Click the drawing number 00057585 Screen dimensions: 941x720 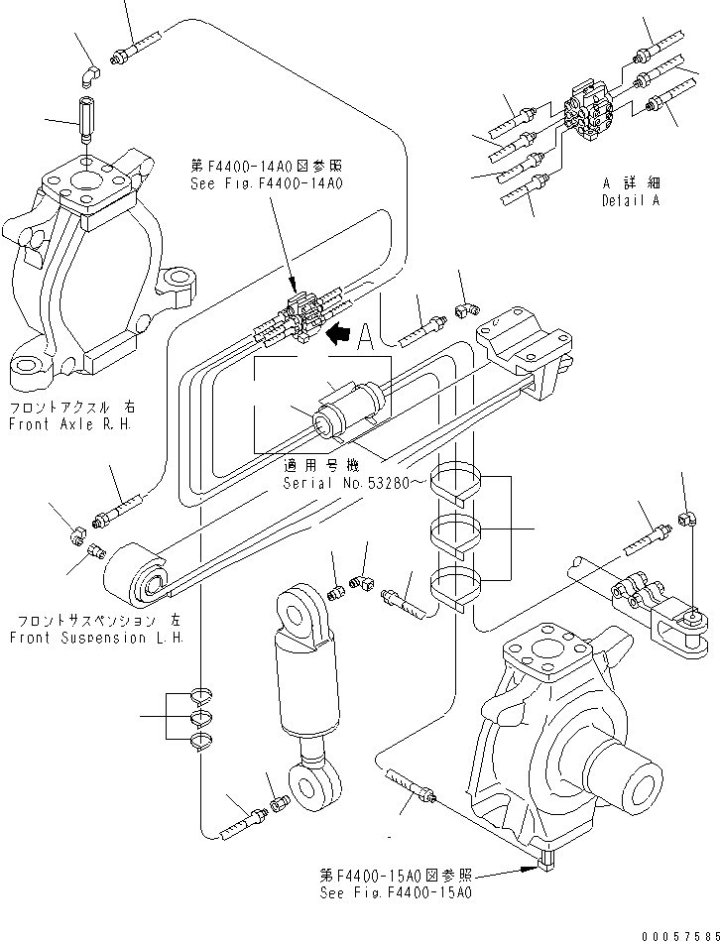(676, 931)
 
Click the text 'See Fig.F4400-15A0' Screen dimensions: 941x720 (395, 892)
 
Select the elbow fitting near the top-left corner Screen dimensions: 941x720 (89, 74)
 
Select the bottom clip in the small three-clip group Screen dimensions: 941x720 (201, 742)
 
